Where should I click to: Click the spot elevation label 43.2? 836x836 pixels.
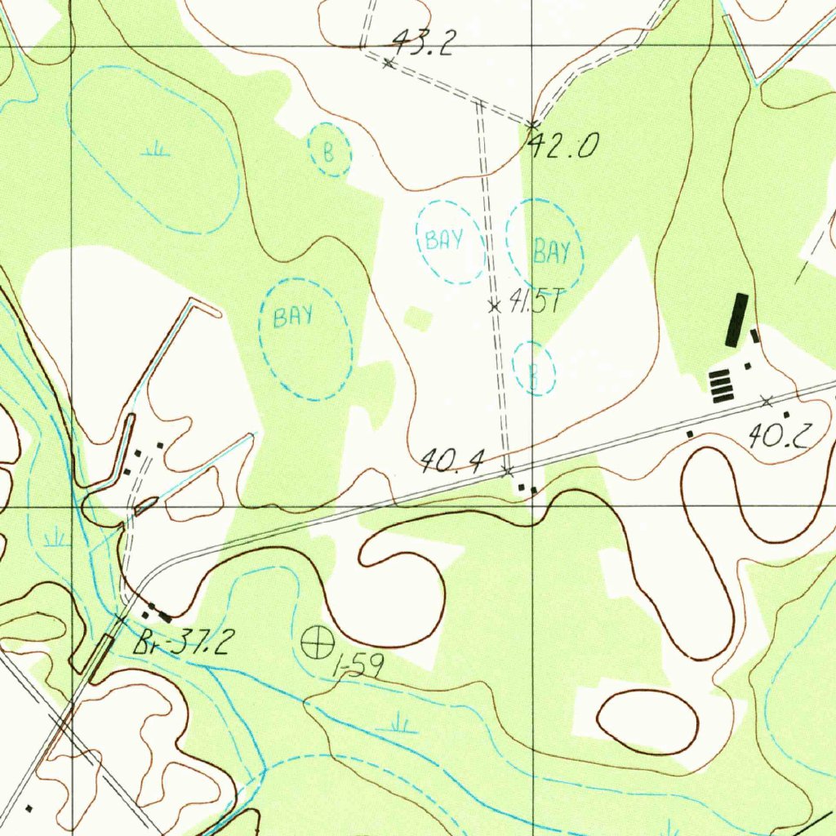pos(422,42)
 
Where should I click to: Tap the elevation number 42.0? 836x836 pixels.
pos(564,146)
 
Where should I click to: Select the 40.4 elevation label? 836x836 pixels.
pos(451,464)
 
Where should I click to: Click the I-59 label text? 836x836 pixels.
pos(358,669)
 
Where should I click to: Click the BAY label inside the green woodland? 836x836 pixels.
pos(293,316)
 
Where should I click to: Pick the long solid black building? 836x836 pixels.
pos(736,318)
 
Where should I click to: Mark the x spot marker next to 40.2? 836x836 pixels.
pos(766,401)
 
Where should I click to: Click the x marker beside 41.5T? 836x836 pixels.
pos(494,306)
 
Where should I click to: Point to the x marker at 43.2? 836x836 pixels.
pos(389,62)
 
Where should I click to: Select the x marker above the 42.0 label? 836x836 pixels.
pos(531,125)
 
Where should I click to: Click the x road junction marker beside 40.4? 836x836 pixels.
pos(508,471)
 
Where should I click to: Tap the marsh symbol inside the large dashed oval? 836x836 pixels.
pos(155,149)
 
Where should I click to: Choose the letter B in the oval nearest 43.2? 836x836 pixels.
pos(329,152)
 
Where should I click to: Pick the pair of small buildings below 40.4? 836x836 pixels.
pos(527,488)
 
